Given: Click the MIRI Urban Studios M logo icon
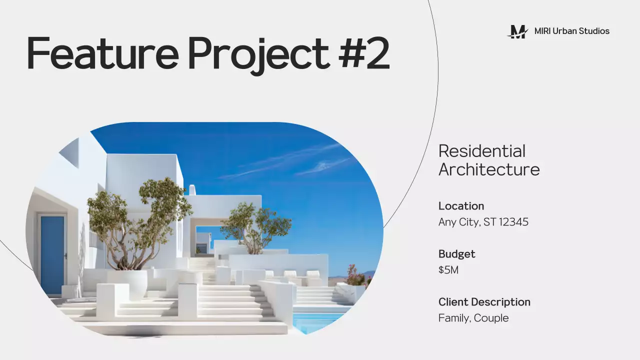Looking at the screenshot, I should point(517,31).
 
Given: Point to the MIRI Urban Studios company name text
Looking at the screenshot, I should point(571,31).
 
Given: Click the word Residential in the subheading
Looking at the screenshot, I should point(481,151).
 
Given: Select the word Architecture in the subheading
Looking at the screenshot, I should point(488,169).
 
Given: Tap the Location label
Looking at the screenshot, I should point(461,206).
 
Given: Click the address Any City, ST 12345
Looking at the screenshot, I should point(483,222).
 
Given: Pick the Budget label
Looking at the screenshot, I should point(456,254).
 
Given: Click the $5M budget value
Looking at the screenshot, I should point(448,270).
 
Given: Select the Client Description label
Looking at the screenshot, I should point(484,302).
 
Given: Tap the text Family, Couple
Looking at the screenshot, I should point(473,318).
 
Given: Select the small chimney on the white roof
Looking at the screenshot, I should point(191,190).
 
